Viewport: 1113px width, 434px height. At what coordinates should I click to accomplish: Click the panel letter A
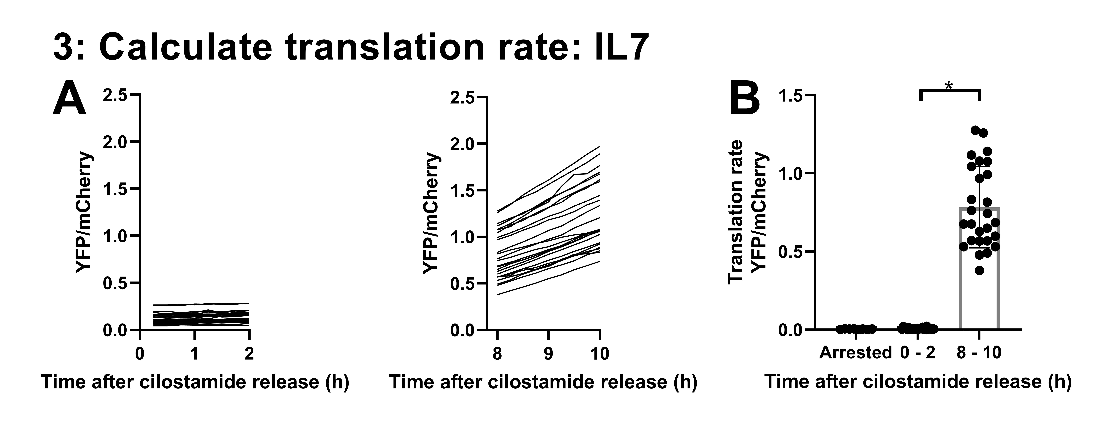pyautogui.click(x=69, y=100)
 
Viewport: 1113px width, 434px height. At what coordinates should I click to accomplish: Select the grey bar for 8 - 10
pyautogui.click(x=979, y=268)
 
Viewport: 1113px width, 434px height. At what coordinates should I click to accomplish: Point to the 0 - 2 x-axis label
pyautogui.click(x=918, y=353)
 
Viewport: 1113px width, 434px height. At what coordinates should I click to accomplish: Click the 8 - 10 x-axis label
pyautogui.click(x=979, y=353)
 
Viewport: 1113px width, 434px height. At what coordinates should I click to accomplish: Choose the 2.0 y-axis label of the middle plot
pyautogui.click(x=463, y=144)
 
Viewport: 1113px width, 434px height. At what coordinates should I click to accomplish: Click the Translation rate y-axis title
pyautogui.click(x=736, y=212)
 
